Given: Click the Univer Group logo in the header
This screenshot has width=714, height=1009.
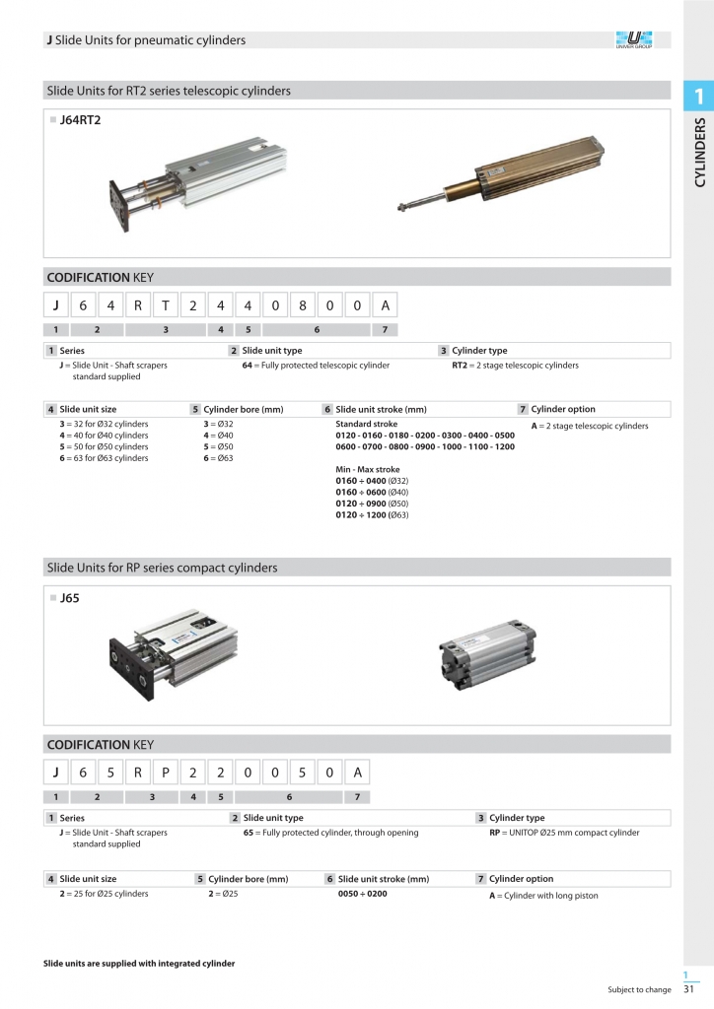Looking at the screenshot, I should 633,40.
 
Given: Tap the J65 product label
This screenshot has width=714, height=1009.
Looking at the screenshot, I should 69,597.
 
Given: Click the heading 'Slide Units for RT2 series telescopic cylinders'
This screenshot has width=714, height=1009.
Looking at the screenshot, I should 169,91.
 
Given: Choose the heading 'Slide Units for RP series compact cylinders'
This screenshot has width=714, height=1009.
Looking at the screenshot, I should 163,568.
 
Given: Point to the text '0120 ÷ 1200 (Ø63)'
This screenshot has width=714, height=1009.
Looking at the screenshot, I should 372,514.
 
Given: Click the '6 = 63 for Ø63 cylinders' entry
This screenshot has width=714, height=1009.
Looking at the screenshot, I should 104,458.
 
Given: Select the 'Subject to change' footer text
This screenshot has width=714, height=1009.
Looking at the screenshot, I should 639,989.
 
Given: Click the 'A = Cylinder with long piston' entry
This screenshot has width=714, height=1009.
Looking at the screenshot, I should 543,896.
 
